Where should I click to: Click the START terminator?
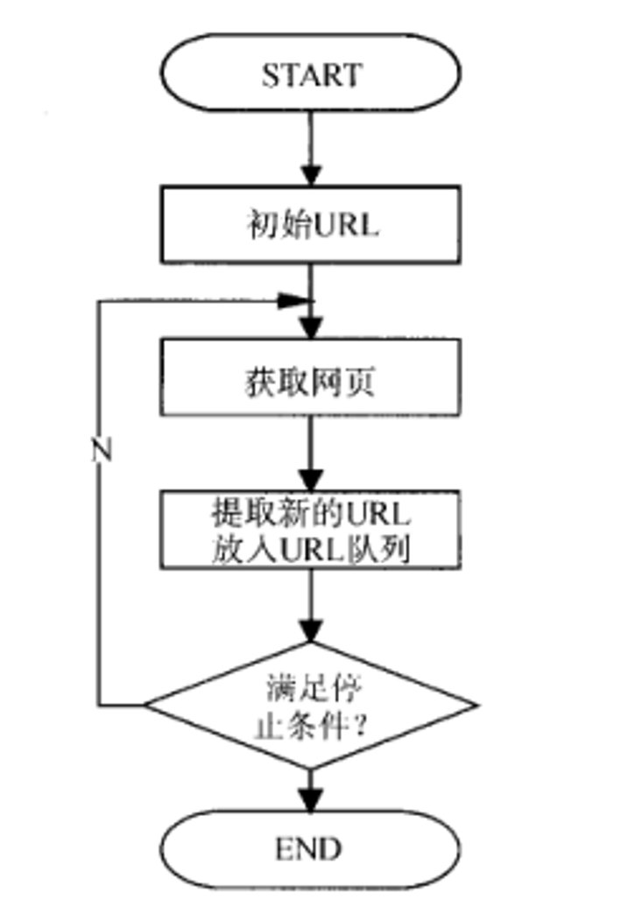tap(311, 74)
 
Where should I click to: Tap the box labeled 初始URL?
tap(311, 224)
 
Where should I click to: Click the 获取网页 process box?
tap(311, 376)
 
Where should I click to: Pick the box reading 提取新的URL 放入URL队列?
tap(311, 530)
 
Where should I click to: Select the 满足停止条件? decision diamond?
tap(311, 705)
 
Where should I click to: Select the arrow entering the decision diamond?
tap(311, 608)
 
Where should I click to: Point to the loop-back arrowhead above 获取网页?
tap(294, 300)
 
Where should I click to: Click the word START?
tap(311, 74)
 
